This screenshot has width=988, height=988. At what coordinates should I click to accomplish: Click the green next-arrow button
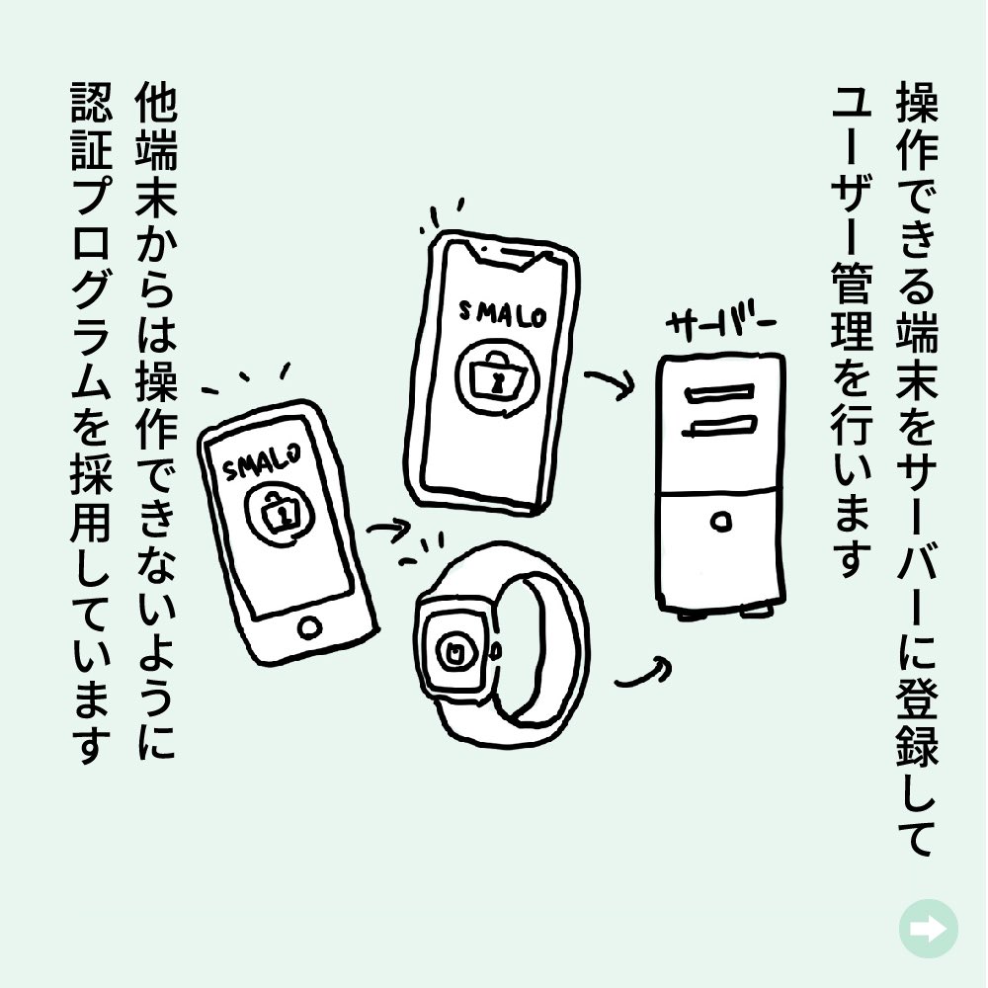pos(928,928)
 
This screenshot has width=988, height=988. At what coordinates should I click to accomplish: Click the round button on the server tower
pos(722,518)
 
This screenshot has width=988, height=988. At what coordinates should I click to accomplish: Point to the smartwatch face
pos(455,648)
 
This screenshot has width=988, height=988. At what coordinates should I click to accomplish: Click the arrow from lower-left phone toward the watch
pos(389,535)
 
